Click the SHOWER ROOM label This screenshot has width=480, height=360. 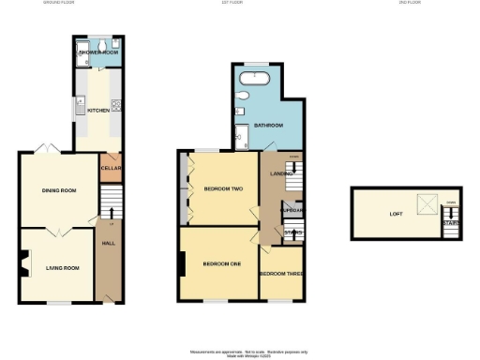(97, 52)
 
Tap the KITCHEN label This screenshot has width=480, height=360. (98, 111)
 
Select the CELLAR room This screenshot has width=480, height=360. (111, 169)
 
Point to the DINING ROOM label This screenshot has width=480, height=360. (58, 190)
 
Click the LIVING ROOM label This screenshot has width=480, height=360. (62, 268)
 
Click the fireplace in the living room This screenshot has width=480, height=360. (25, 263)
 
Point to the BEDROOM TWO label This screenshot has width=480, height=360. (223, 188)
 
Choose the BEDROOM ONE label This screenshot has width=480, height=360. (221, 263)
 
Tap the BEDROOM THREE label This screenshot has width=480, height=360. (280, 273)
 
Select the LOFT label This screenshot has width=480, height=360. (397, 213)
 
